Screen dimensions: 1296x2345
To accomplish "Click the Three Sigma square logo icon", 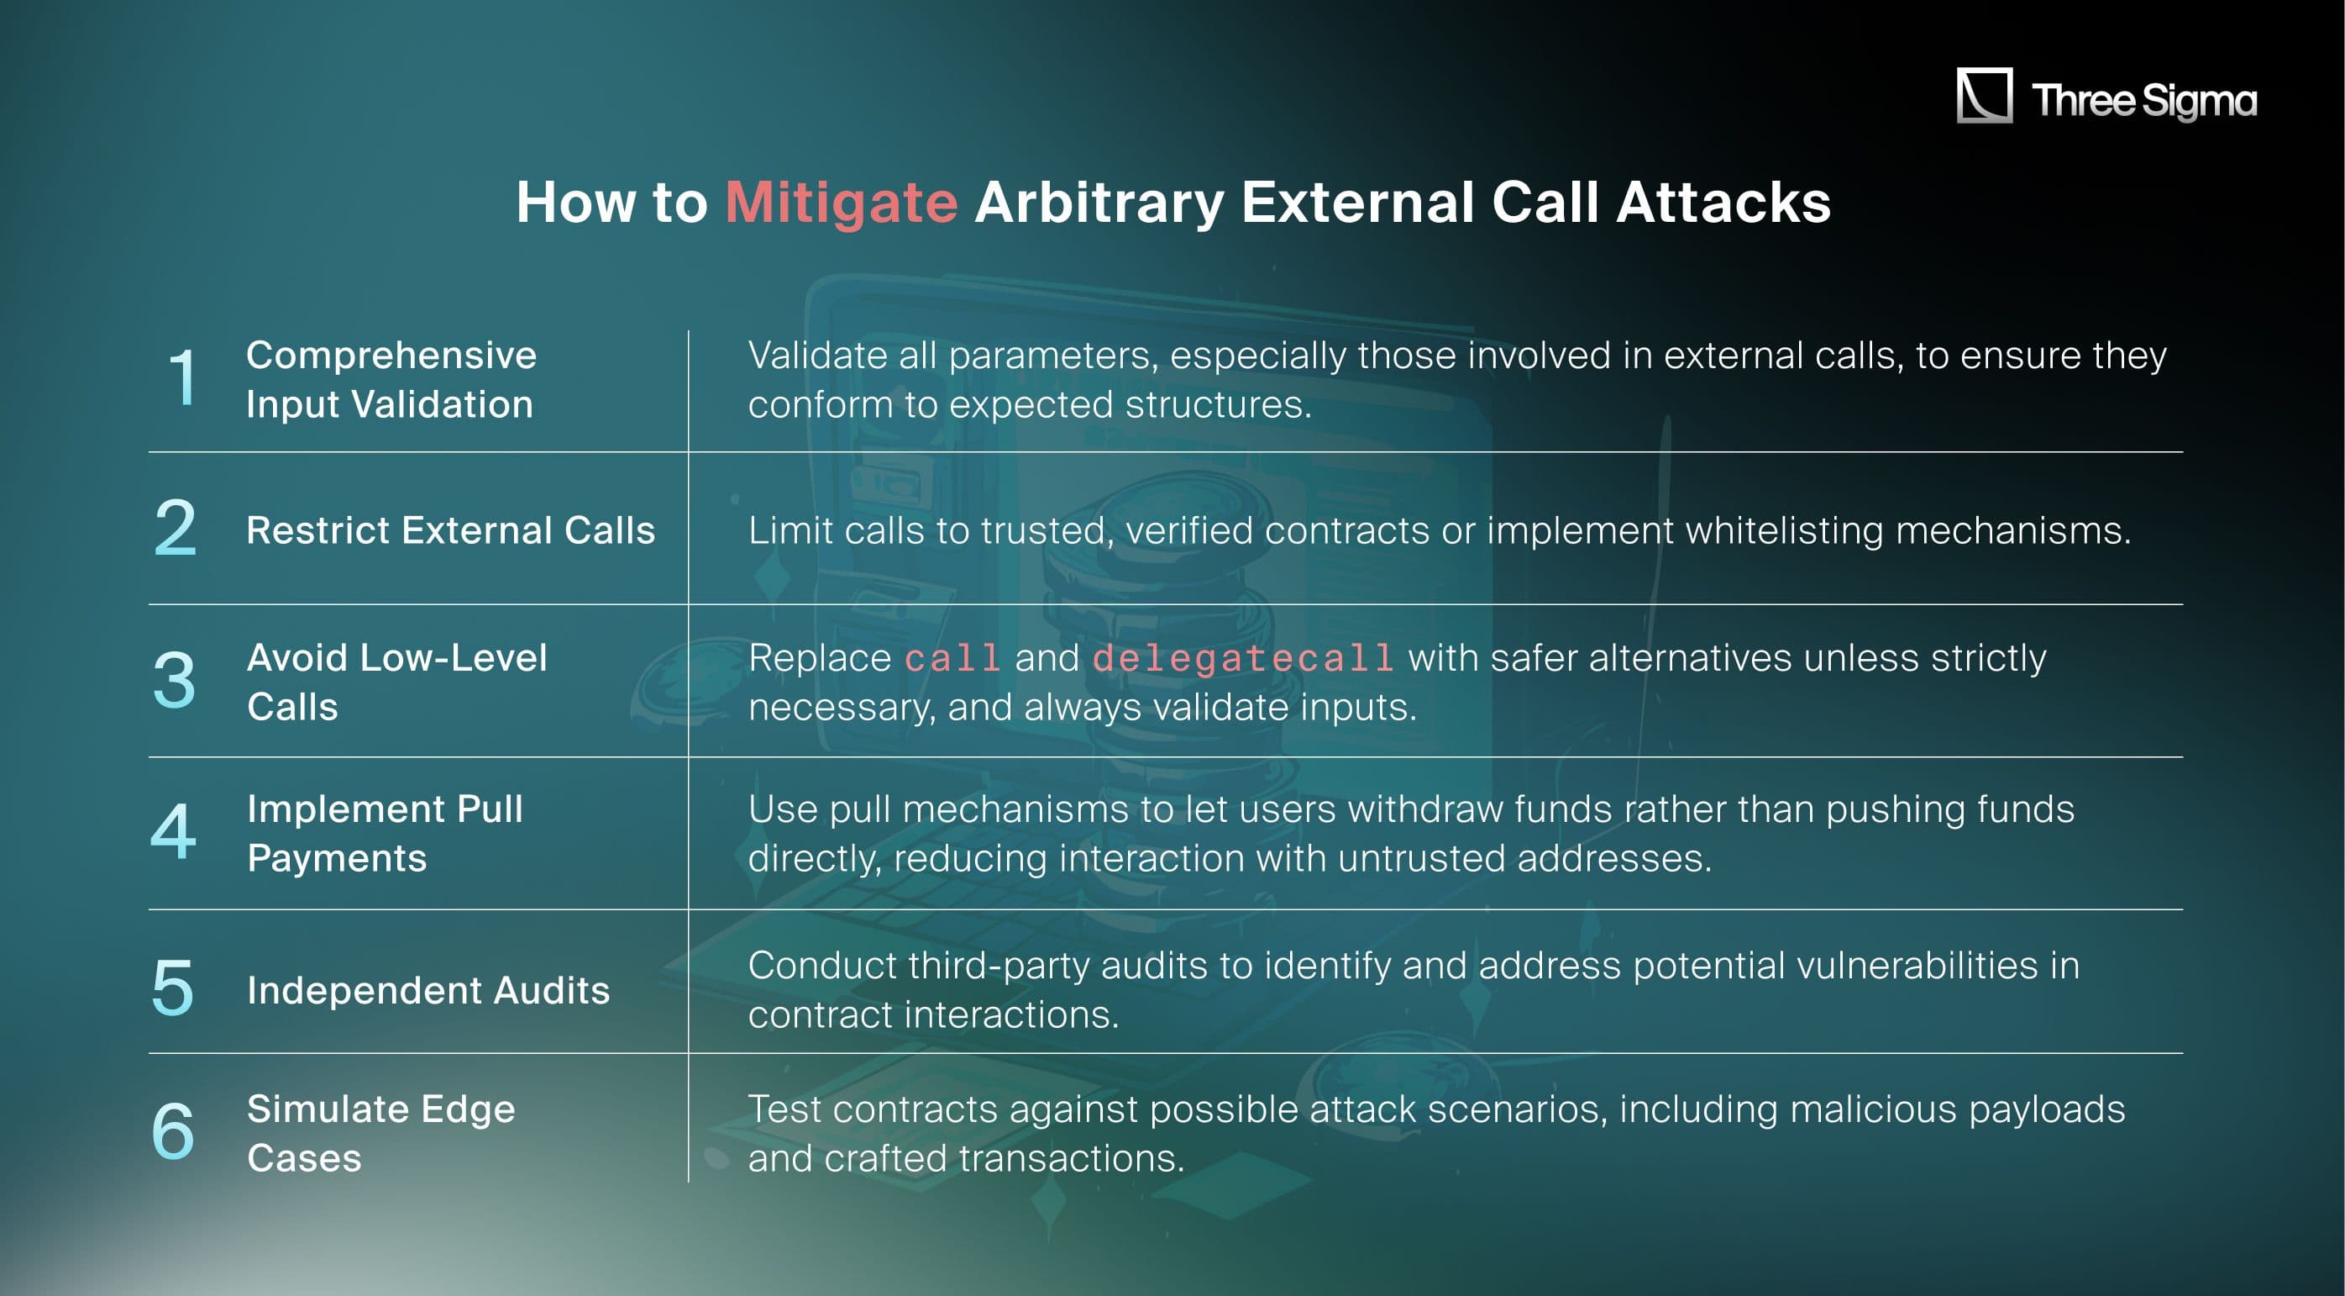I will (1984, 95).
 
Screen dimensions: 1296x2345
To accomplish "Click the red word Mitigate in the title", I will (841, 203).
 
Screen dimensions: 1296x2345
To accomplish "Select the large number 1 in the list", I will (183, 377).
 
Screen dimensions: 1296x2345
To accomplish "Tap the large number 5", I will (173, 988).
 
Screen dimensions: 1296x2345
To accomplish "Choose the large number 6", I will (173, 1131).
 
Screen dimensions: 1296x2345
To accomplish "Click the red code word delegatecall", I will (1242, 658).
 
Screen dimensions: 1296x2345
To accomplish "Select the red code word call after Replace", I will (952, 658).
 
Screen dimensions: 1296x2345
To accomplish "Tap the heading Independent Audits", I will (428, 990).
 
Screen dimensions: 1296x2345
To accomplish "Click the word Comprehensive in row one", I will (391, 356).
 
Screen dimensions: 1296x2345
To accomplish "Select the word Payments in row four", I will (337, 858).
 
